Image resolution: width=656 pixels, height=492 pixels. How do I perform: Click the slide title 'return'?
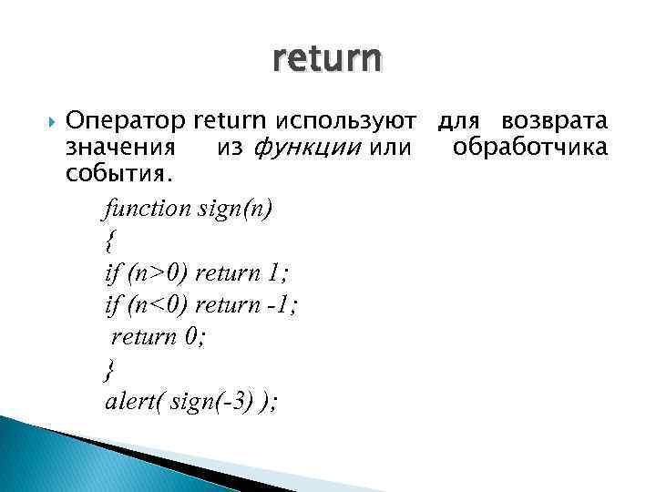pos(327,60)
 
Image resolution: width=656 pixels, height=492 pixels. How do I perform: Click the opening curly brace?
pos(110,241)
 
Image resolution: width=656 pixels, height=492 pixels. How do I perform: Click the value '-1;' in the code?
pos(282,304)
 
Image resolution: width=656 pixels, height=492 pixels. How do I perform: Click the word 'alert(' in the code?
pos(135,400)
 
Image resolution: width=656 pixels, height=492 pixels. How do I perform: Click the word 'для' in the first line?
pos(458,121)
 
